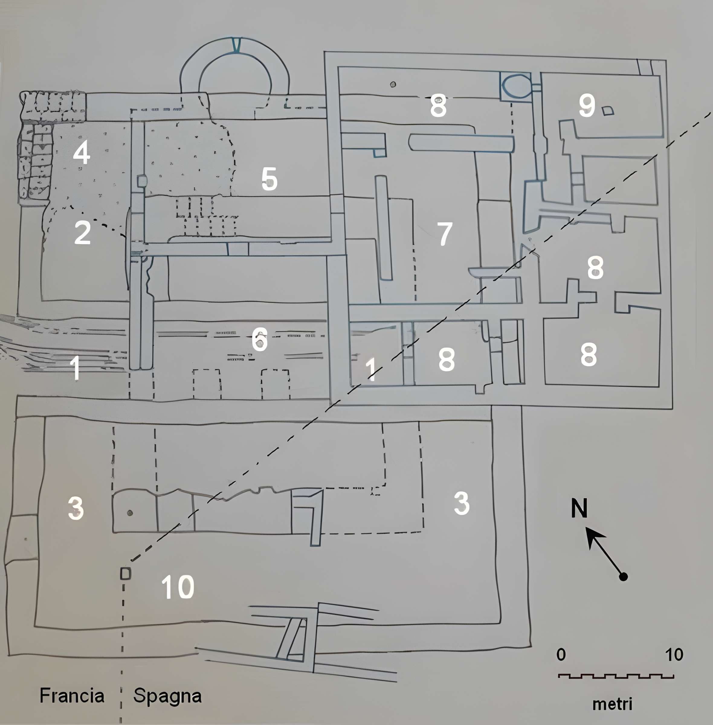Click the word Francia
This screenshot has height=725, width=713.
(72, 696)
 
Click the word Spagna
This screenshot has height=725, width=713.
(167, 696)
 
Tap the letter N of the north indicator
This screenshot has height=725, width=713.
(579, 508)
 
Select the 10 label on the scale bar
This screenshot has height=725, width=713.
(674, 655)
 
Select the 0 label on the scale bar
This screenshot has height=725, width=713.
(561, 655)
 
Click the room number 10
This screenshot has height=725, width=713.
(178, 587)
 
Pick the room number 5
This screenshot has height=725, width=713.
(269, 179)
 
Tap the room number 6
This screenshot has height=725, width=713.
(260, 340)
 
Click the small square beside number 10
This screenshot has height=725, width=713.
(125, 574)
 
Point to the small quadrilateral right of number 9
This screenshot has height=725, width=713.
(608, 111)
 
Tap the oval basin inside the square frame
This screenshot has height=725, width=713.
(515, 86)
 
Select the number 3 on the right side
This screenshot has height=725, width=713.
(461, 503)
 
